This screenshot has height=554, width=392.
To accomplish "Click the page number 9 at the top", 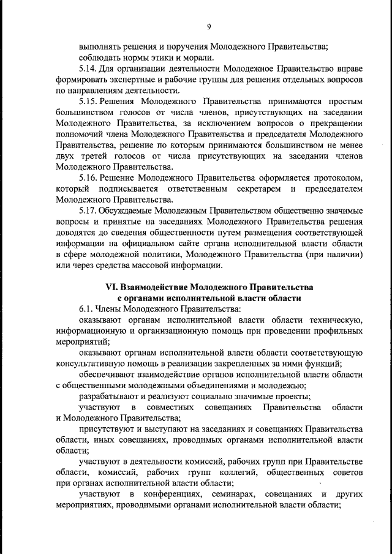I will pos(209,26).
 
